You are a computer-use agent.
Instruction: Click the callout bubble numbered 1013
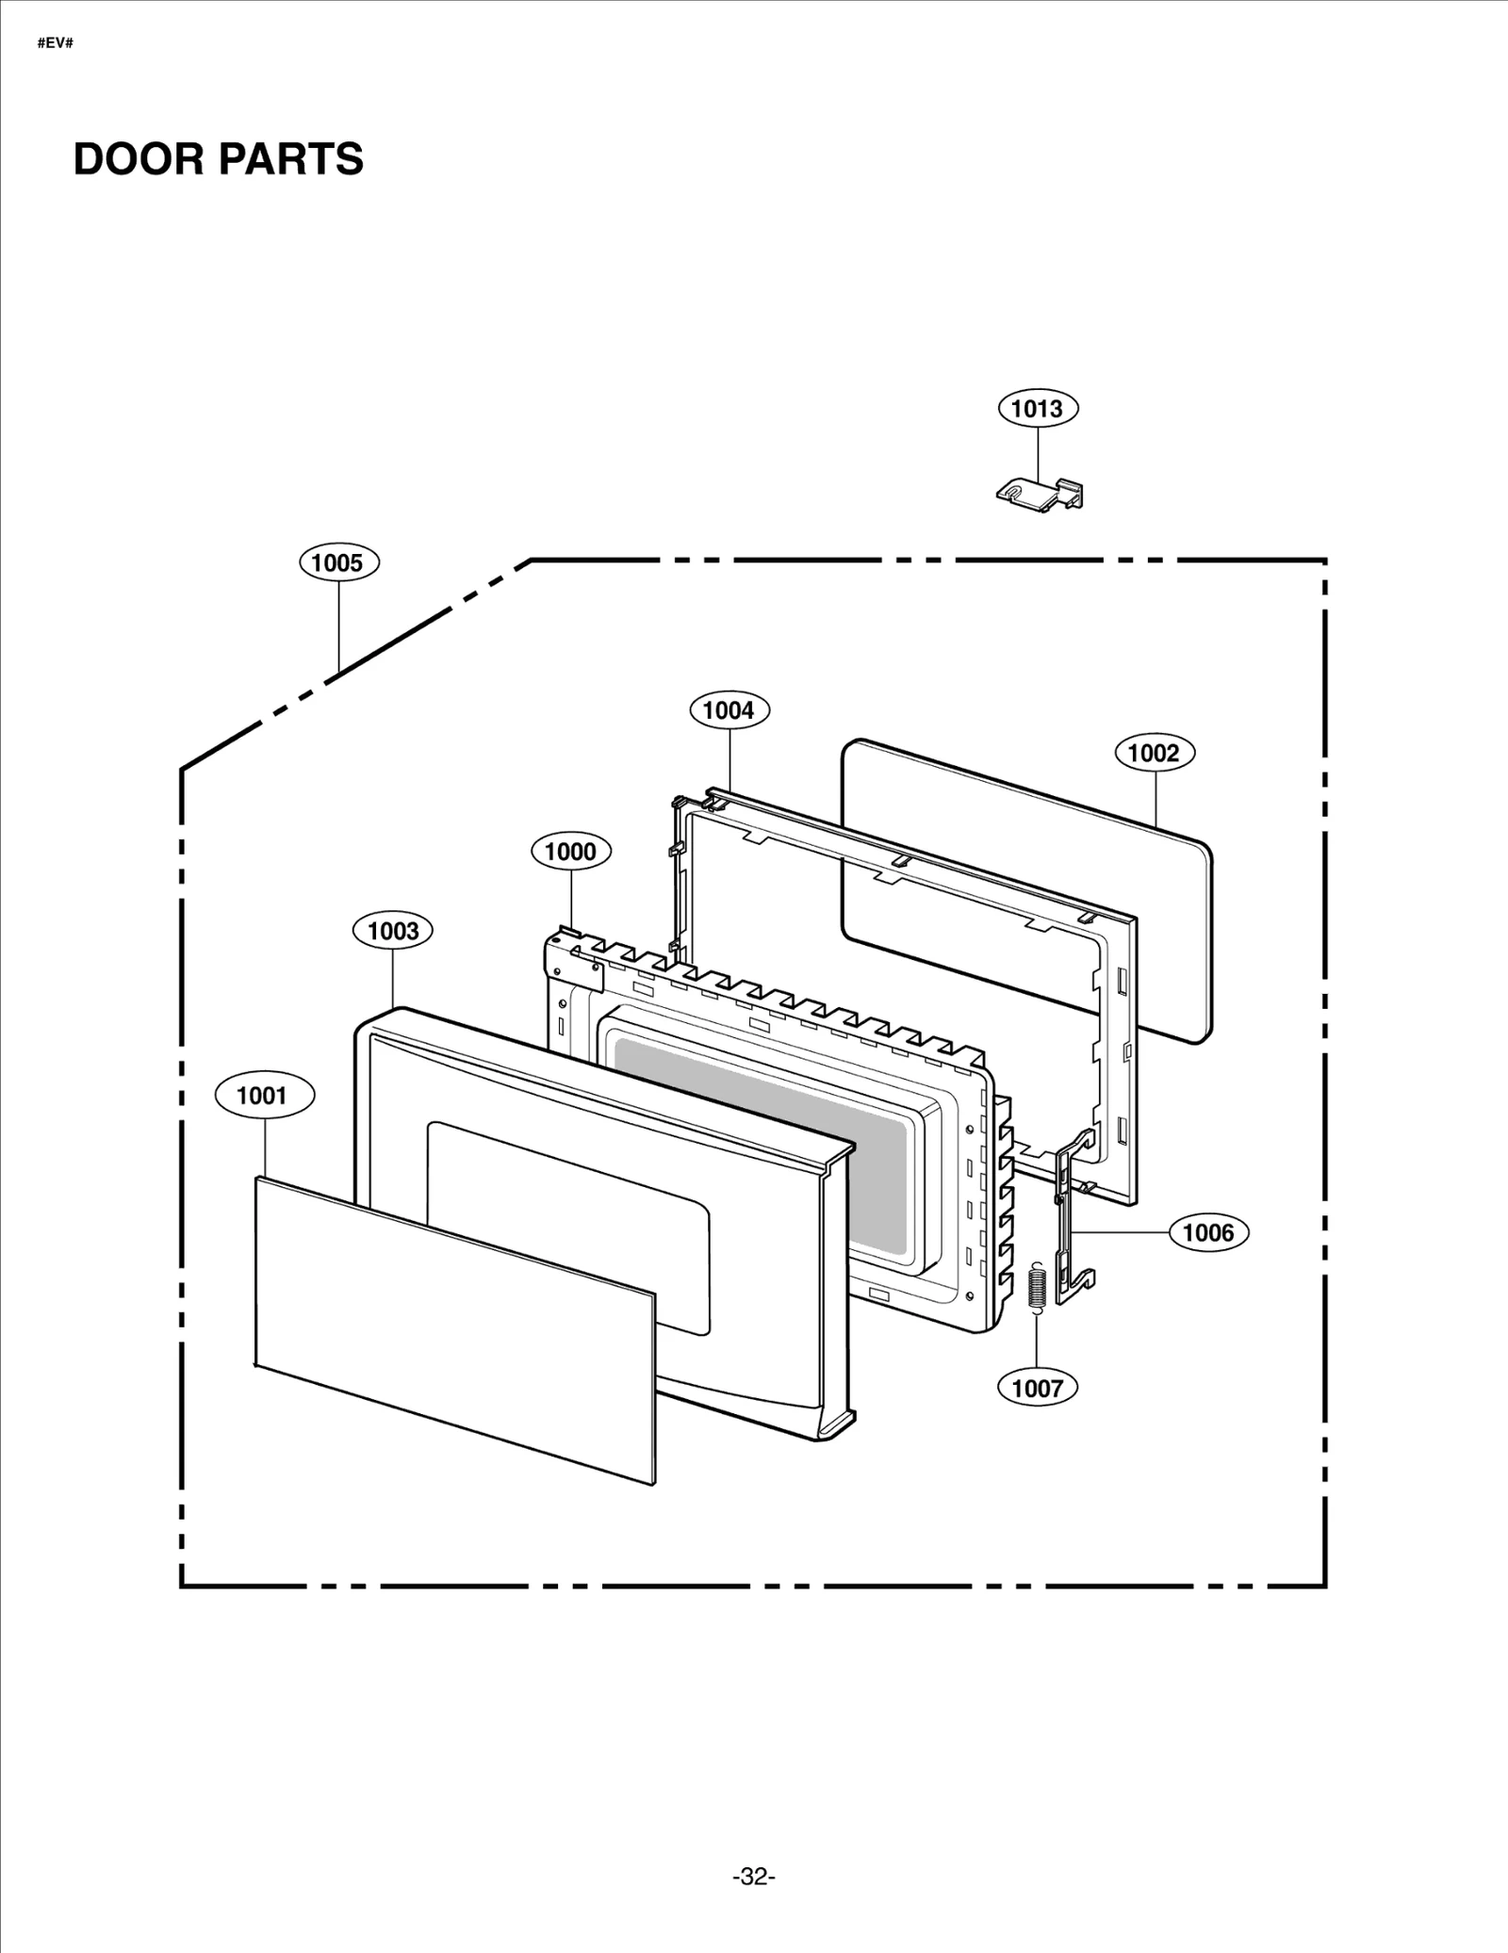point(1038,409)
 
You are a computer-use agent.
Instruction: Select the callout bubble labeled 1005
point(338,563)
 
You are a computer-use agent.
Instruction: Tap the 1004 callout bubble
point(729,710)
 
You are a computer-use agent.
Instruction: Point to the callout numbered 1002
point(1155,753)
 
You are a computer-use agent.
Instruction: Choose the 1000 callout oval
point(571,852)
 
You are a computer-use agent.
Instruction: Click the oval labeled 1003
point(393,931)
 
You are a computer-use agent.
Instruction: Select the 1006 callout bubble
point(1208,1232)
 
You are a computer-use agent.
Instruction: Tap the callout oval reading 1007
point(1038,1388)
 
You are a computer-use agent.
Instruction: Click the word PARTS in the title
point(292,159)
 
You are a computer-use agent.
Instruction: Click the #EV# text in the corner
point(55,43)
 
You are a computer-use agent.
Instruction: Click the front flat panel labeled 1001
point(452,1328)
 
